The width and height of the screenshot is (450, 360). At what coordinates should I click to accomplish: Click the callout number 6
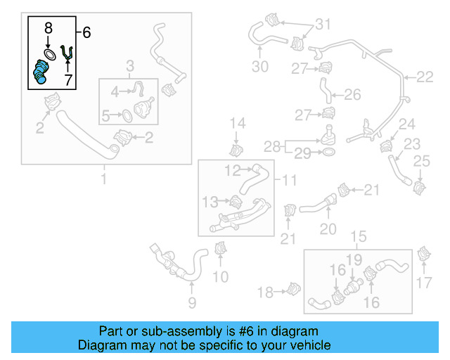87,32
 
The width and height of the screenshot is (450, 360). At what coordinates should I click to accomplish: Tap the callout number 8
48,29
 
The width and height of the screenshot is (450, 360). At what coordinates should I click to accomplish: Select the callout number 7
68,81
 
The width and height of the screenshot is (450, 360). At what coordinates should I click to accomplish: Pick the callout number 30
260,67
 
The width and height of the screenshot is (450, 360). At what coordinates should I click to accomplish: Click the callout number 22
425,77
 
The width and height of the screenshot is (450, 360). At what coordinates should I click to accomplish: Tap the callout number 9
192,303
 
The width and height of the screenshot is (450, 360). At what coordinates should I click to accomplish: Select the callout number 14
238,124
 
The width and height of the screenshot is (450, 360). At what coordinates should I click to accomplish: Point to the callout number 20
328,229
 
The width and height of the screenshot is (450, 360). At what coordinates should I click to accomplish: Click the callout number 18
265,292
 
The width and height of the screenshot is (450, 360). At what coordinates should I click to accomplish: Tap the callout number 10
221,277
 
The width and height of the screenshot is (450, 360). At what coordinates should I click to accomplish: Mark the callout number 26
352,94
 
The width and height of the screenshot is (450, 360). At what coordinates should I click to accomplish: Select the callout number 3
130,67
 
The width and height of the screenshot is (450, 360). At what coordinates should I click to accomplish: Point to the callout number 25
421,162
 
